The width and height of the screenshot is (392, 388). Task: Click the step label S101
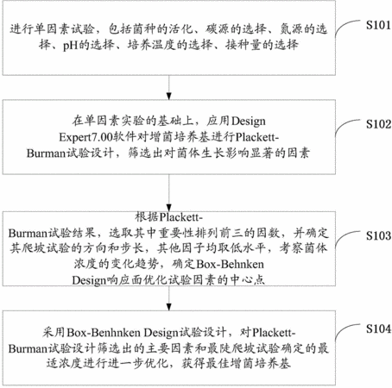click(x=378, y=25)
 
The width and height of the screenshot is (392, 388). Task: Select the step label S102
click(x=378, y=124)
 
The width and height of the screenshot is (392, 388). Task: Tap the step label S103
click(x=378, y=235)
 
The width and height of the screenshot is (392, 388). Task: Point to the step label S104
click(x=378, y=329)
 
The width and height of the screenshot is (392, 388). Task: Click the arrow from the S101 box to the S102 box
click(x=169, y=87)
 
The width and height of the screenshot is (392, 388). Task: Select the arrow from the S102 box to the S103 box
click(x=169, y=192)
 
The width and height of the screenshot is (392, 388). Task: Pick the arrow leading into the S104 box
click(x=169, y=298)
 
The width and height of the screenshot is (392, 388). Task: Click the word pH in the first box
click(x=71, y=46)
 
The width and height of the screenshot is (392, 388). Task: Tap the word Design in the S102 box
click(x=249, y=122)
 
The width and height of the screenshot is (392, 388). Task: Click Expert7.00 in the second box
click(x=85, y=138)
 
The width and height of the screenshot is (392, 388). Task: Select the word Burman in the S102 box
click(x=46, y=153)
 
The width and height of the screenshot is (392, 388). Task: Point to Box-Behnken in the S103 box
click(x=230, y=264)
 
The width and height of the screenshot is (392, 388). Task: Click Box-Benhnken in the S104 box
click(x=104, y=333)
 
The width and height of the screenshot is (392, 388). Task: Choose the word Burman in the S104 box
click(x=28, y=348)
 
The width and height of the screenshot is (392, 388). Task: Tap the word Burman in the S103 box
click(x=28, y=233)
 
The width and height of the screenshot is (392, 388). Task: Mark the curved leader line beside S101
click(x=348, y=28)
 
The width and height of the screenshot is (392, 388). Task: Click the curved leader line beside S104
click(x=348, y=332)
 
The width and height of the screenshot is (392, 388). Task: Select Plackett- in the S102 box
click(x=257, y=138)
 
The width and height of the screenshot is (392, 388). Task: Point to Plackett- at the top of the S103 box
click(x=181, y=217)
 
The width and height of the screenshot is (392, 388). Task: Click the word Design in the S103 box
click(x=89, y=280)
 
